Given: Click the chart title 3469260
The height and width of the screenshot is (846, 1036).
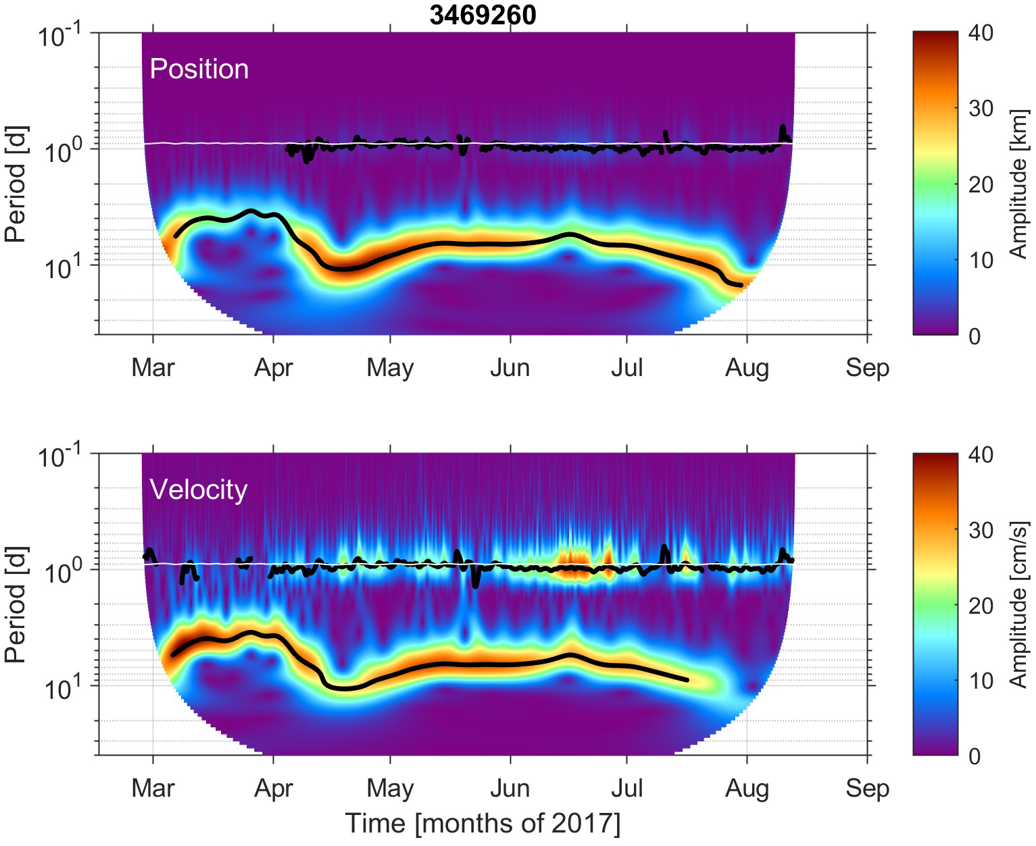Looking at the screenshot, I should pos(483,15).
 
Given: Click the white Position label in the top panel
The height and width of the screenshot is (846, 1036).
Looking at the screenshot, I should pos(199,69).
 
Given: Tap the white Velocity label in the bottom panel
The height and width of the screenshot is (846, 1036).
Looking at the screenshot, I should pos(198,490).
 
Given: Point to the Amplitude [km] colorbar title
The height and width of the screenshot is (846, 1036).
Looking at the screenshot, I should pos(1018,184).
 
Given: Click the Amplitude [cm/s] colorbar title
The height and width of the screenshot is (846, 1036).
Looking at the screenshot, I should pos(1018,604).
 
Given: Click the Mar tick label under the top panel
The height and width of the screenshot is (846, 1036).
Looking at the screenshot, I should pos(153,368).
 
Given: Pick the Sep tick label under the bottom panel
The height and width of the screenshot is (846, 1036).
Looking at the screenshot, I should pos(867,789).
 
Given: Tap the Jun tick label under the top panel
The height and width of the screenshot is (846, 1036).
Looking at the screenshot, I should pos(510,368).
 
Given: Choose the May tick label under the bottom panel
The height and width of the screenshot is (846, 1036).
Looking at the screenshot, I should pos(390,789).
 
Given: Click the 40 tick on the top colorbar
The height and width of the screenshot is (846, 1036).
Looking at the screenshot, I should pos(980,32).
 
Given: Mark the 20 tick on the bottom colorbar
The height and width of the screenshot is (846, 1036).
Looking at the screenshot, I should pos(980,606).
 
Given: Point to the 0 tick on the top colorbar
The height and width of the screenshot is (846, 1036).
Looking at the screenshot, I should pos(974,336).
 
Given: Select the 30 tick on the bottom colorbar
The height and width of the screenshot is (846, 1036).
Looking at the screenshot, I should pos(980,530).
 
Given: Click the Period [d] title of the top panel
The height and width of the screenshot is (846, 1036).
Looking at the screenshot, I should pos(16,184).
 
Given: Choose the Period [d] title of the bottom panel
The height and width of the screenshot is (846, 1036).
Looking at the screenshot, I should pos(16,604).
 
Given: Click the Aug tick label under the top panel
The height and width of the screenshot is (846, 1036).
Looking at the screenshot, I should pos(747,368).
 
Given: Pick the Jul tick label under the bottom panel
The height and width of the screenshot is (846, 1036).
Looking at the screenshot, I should pos(627,789).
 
